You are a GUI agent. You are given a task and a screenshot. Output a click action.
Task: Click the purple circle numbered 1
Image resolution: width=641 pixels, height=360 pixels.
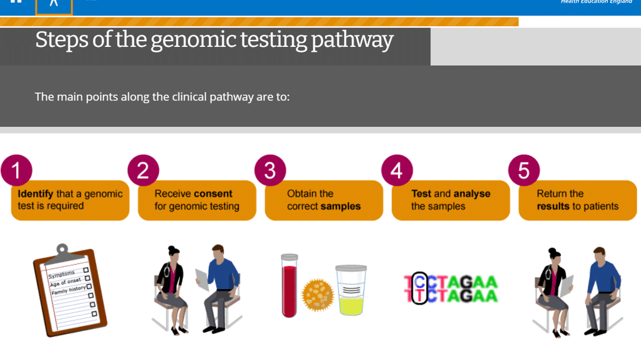click(x=17, y=170)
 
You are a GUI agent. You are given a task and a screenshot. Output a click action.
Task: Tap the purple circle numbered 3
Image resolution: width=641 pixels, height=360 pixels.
click(x=270, y=170)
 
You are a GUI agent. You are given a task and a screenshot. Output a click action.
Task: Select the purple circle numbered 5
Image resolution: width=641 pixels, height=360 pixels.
click(x=524, y=170)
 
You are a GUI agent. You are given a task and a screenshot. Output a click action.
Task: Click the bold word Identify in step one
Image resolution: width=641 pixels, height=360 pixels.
click(x=35, y=194)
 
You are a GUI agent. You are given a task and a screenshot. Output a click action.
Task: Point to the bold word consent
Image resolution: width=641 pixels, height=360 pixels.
click(x=214, y=194)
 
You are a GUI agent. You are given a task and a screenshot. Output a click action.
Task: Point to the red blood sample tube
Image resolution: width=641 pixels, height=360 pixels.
click(x=289, y=286)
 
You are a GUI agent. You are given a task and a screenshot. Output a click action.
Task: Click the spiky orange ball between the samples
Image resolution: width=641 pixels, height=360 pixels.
click(x=317, y=295)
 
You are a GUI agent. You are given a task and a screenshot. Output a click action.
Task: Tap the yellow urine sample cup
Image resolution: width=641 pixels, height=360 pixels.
click(x=351, y=290)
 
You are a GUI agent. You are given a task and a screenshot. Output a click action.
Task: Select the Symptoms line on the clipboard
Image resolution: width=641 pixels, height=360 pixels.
click(x=62, y=274)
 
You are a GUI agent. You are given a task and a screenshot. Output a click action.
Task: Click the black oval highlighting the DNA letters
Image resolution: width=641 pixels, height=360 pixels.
click(x=420, y=288)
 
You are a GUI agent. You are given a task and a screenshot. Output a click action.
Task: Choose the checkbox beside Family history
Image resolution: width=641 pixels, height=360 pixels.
click(x=89, y=286)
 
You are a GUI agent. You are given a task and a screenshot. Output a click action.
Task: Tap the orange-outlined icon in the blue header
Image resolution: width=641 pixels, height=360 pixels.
click(x=54, y=7)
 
